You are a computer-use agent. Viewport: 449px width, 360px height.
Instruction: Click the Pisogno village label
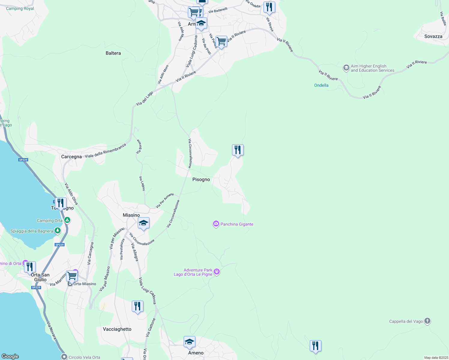(201, 179)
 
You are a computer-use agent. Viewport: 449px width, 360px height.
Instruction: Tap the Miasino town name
(131, 215)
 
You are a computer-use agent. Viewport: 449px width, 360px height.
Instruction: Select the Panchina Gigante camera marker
(216, 224)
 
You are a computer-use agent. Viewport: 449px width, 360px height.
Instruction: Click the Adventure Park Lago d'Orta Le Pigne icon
(217, 272)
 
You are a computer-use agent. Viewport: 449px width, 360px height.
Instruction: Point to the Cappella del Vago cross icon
(427, 321)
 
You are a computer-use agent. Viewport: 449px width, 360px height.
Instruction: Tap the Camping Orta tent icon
(68, 220)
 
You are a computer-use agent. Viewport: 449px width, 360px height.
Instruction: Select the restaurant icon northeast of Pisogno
(238, 150)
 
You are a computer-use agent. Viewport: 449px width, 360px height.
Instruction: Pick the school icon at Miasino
(143, 223)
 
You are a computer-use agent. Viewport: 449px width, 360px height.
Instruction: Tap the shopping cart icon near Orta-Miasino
(72, 275)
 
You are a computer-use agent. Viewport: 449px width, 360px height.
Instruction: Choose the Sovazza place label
(433, 36)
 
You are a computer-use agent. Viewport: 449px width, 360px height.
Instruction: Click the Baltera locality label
(113, 53)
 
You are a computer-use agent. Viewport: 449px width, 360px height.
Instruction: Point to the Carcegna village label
(71, 157)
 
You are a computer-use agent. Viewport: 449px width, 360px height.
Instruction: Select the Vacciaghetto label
(117, 329)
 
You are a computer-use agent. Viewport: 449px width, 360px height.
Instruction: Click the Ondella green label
(321, 85)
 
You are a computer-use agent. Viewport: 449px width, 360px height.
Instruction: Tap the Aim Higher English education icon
(346, 68)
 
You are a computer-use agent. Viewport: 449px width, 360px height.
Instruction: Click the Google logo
(10, 356)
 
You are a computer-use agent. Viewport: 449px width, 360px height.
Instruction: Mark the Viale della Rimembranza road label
(105, 151)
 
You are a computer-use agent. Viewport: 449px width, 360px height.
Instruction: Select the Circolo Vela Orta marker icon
(64, 357)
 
